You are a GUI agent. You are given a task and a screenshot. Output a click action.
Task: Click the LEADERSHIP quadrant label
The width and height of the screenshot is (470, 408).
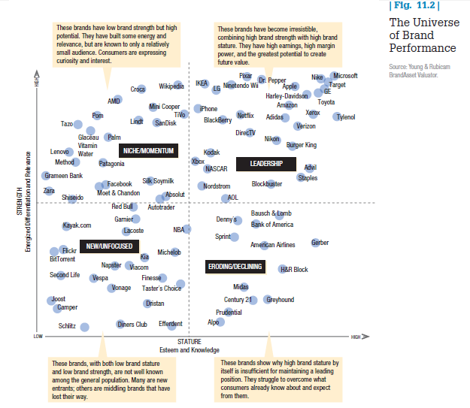265,164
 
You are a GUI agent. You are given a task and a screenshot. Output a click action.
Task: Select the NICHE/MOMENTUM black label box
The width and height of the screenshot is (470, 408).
148,151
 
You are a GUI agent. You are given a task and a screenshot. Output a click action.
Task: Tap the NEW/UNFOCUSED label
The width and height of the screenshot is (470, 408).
109,246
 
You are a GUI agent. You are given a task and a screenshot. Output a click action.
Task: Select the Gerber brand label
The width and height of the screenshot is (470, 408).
320,243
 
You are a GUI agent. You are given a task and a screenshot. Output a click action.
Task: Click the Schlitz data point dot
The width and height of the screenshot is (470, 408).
85,327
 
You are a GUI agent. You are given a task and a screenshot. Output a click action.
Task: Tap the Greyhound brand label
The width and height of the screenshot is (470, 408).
280,300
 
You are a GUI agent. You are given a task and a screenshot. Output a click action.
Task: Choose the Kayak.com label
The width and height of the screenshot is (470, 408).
77,225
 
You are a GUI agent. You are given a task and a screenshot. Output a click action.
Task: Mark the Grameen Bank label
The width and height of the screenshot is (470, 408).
63,175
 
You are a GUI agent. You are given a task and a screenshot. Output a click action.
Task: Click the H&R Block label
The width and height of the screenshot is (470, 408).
294,270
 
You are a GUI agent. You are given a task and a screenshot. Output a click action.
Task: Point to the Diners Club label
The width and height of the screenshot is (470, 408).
132,325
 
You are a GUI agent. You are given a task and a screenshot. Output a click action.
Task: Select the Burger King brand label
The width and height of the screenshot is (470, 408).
302,145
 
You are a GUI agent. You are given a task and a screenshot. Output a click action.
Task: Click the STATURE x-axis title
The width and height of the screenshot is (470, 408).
189,342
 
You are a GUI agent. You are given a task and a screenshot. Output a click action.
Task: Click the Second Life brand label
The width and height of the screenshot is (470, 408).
65,275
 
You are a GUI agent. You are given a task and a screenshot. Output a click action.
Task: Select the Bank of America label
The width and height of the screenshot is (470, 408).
272,225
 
